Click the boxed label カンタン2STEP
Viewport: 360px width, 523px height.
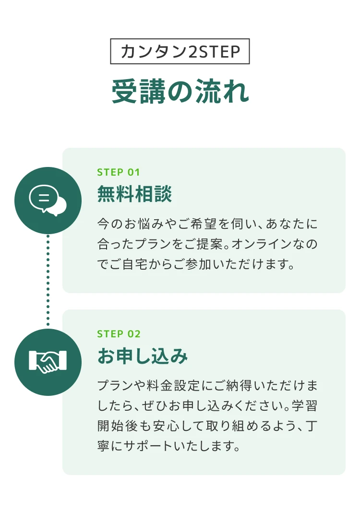(180, 51)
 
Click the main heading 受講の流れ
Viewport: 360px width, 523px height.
(180, 92)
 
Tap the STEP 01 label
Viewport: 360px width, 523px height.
(118, 172)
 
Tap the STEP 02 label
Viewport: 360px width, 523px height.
(119, 334)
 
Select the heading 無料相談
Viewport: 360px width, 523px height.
(134, 194)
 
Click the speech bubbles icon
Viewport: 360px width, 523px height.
(48, 200)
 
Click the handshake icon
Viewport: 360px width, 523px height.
(48, 362)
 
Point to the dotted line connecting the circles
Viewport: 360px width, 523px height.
(48, 281)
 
